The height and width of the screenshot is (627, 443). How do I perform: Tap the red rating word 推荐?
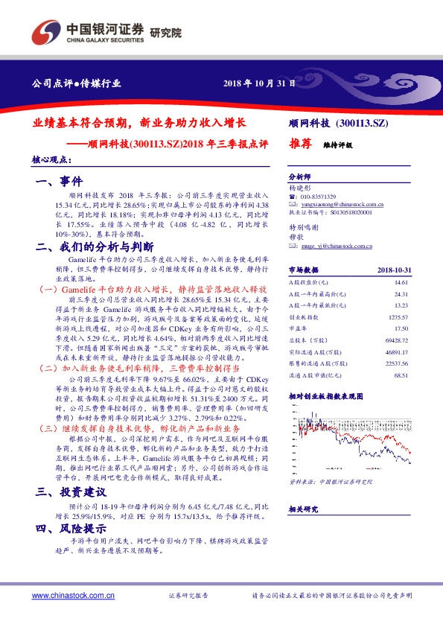299,147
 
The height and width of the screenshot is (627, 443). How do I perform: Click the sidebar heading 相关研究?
302,509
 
